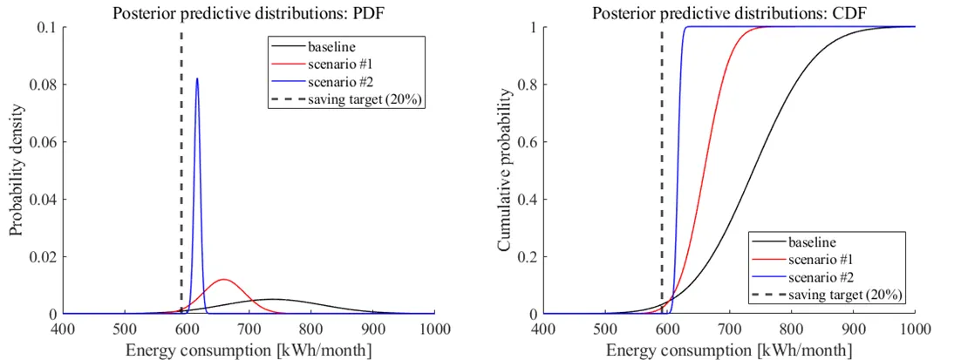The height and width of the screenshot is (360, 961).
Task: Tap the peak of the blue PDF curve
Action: pos(197,79)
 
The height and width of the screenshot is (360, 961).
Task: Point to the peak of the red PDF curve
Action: pos(224,280)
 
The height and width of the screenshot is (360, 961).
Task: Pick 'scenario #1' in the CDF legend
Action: pos(818,259)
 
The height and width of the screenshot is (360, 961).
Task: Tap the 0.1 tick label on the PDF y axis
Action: pos(49,28)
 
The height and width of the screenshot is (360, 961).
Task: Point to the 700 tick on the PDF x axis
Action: pos(249,329)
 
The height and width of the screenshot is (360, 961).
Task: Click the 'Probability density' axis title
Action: pos(17,171)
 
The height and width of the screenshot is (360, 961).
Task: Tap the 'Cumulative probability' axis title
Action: pos(504,171)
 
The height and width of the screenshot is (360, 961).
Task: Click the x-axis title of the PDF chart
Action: pos(249,349)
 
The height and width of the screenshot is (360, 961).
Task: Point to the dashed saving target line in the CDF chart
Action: pos(662,131)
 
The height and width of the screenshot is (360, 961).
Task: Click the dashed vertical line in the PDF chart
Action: pos(181,174)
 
